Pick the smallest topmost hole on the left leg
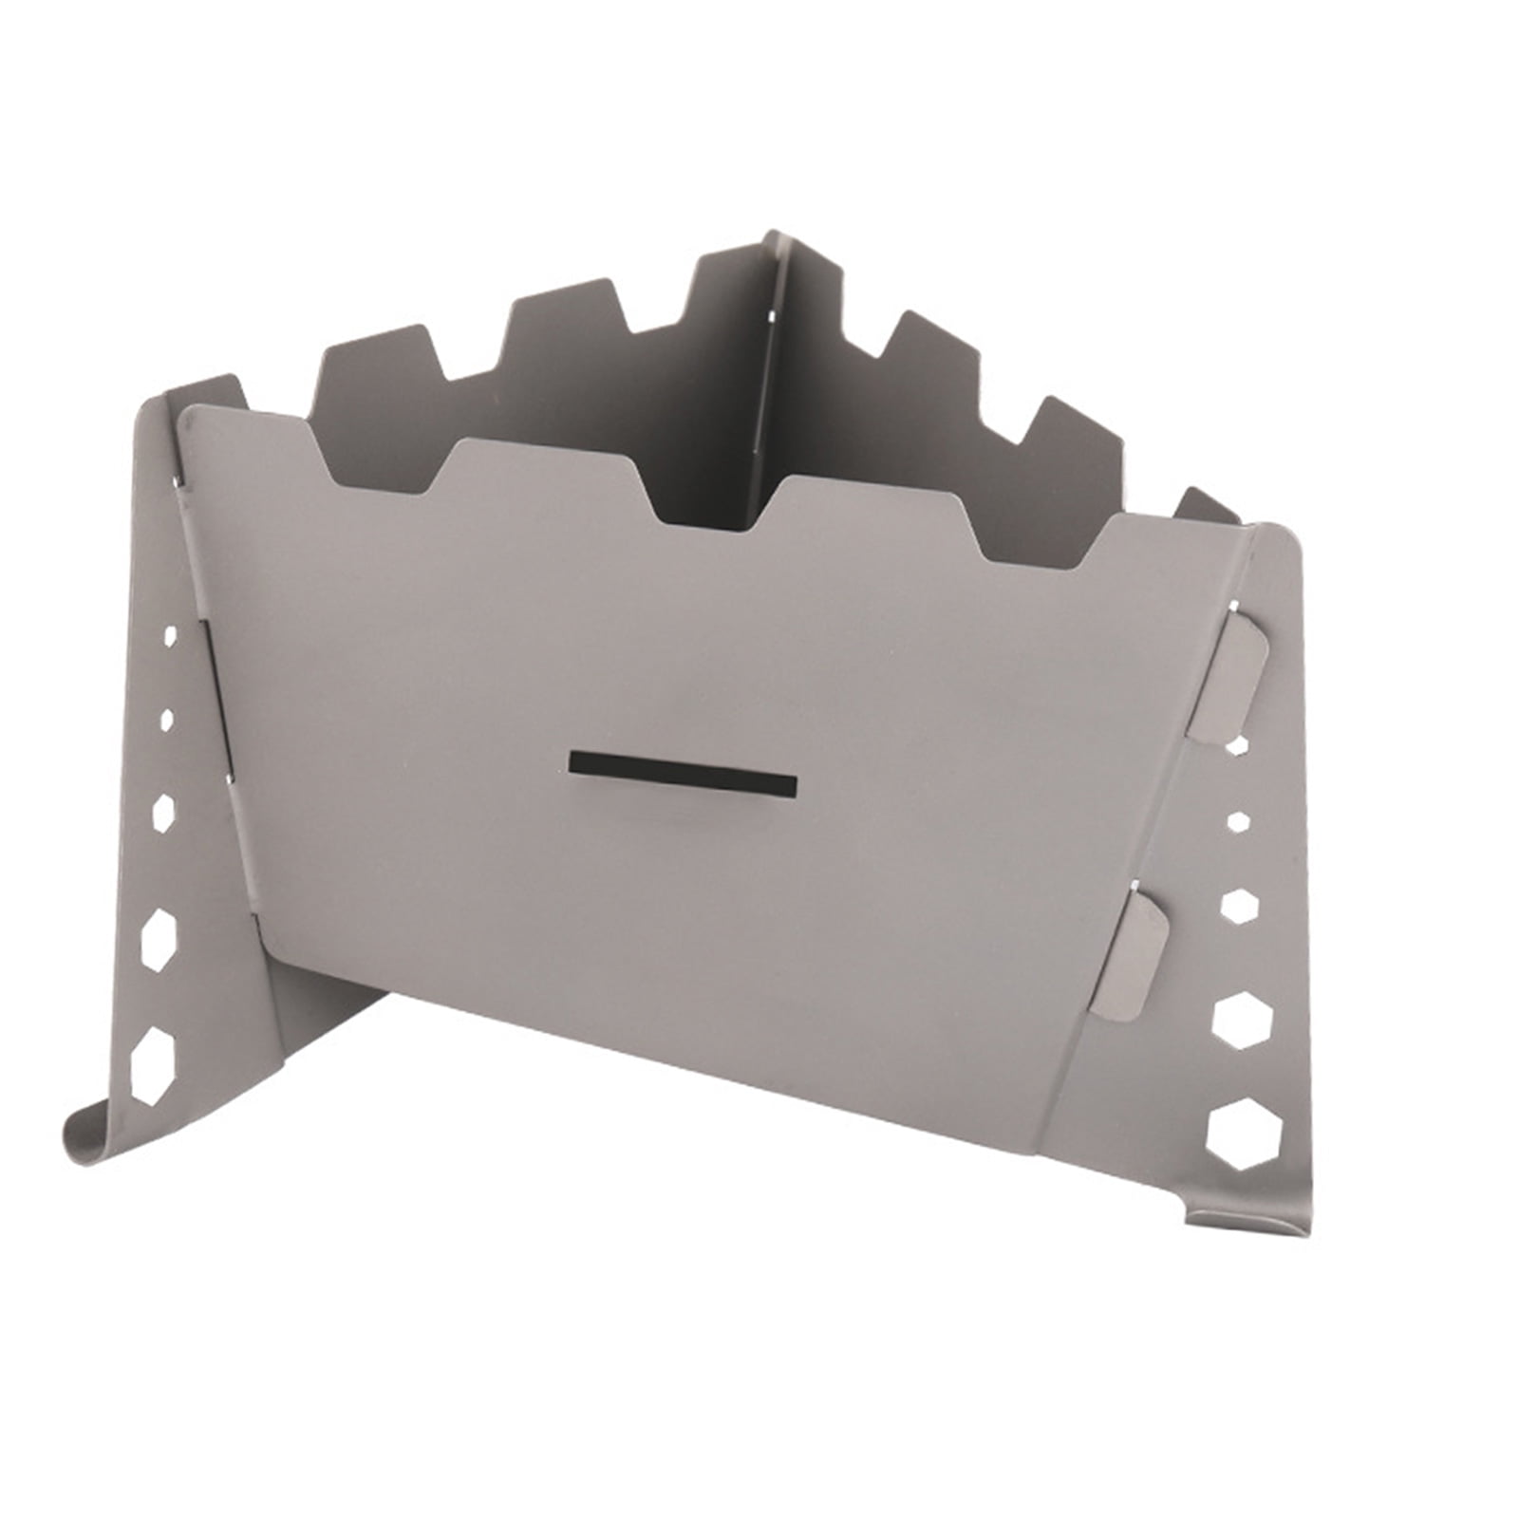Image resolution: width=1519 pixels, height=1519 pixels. [171, 636]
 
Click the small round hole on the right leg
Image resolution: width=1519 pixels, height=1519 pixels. [1237, 818]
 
